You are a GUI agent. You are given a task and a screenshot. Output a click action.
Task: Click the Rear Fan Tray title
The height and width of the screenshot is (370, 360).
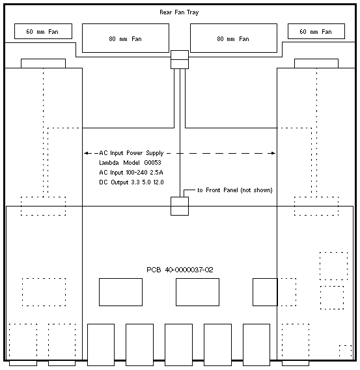pos(179,12)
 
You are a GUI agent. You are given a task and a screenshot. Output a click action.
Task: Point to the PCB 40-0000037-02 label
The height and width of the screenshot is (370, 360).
pos(180,270)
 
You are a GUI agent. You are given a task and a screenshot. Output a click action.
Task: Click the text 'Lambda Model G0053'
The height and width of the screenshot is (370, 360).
pos(130,163)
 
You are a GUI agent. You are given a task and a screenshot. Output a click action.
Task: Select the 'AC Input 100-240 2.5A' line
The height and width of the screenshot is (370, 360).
pos(131,173)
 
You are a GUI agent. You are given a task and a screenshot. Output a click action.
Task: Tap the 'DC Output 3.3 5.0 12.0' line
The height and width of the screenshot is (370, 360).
pos(132,182)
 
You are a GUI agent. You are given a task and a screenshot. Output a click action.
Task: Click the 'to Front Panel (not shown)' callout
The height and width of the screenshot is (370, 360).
pos(235,190)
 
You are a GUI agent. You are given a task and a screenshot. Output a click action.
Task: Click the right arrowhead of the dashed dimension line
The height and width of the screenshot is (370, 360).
pos(273,153)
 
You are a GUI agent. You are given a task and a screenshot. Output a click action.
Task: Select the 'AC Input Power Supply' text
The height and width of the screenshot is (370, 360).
pos(132,153)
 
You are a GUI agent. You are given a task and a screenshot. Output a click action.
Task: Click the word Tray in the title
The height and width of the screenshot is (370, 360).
pos(193,12)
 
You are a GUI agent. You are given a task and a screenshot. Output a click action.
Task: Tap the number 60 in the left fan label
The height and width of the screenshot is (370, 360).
pos(29,32)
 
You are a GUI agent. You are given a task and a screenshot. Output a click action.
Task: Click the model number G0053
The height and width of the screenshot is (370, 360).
pos(152,163)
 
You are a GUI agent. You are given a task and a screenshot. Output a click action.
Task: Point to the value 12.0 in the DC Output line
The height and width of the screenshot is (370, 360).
pos(158,182)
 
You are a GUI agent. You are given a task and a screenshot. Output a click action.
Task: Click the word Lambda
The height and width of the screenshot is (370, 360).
pos(109,163)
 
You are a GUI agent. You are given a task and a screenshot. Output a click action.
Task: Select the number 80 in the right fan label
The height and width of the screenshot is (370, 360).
pos(220,38)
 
